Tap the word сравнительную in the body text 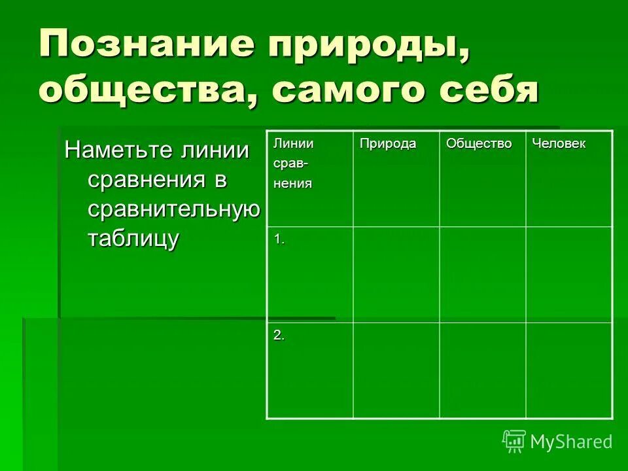[x=173, y=209]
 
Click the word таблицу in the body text [x=133, y=238]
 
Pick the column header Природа [x=387, y=144]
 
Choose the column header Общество [x=479, y=144]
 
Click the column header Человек [x=559, y=144]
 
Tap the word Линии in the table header [x=293, y=144]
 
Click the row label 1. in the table [x=279, y=240]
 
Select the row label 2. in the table [x=279, y=336]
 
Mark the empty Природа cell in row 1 [x=396, y=275]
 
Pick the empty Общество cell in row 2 [x=482, y=370]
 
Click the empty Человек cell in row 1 [x=568, y=275]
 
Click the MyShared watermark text [x=571, y=442]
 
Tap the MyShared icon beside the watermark [x=514, y=441]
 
